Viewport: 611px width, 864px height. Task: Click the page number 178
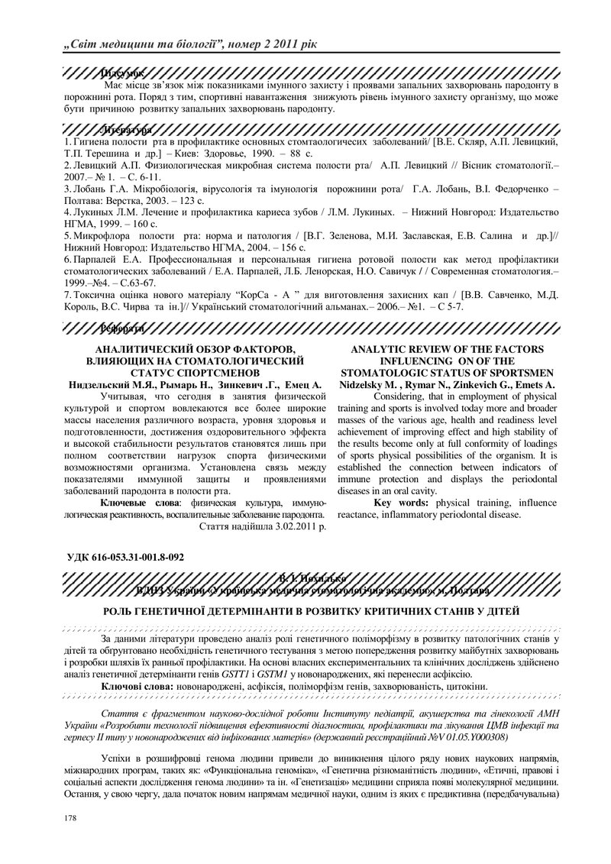pos(51,818)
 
